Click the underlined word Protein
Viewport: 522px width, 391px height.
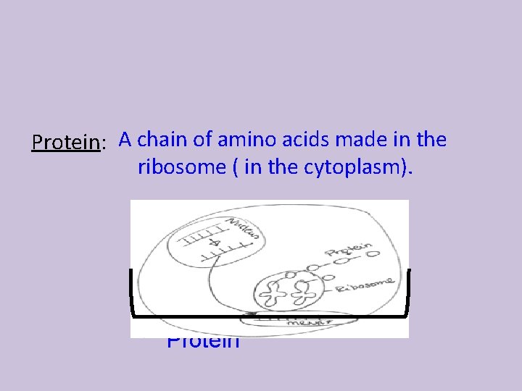[x=65, y=142]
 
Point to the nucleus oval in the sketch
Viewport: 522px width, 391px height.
[x=210, y=240]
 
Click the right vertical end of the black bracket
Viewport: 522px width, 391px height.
[x=409, y=291]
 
